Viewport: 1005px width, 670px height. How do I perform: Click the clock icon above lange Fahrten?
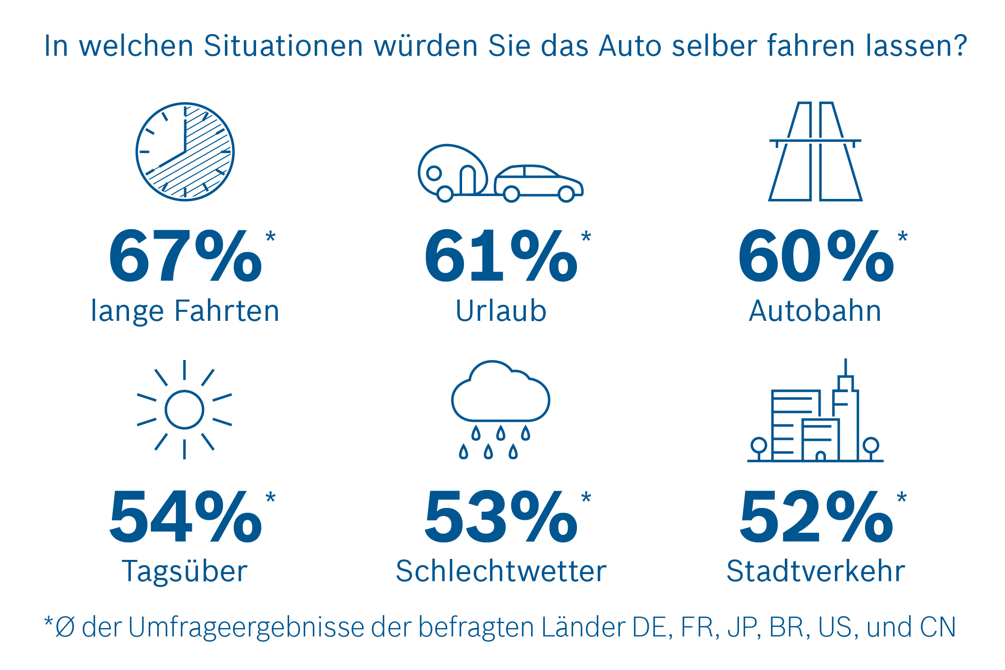185,152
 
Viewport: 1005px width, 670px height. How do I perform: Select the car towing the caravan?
539,183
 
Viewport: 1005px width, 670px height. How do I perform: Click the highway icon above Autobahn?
815,152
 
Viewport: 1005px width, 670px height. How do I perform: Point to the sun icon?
184,410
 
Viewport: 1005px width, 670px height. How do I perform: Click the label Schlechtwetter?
501,571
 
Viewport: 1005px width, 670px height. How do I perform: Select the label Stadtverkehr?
816,571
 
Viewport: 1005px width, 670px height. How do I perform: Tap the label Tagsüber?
185,572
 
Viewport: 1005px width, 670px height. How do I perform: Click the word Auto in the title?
630,46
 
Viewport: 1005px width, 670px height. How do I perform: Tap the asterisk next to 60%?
902,236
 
